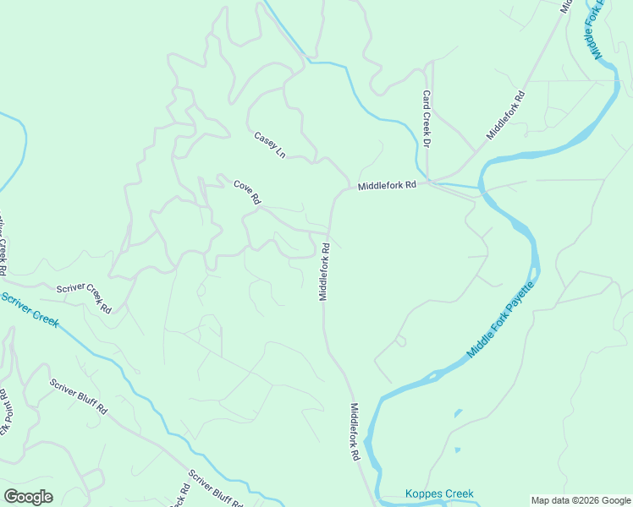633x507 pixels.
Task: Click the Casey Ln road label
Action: coord(270,144)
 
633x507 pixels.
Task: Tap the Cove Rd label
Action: coord(246,193)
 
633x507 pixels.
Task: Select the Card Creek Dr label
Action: coord(427,118)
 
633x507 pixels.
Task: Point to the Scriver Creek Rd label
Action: coord(85,298)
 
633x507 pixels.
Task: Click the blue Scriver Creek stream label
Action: coord(29,309)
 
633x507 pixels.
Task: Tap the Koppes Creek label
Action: coord(439,494)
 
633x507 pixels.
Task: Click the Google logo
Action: coord(28,497)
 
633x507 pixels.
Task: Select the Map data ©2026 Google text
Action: coord(581,500)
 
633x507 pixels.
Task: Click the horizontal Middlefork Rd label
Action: coord(387,185)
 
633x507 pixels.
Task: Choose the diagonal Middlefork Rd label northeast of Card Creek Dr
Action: coord(506,116)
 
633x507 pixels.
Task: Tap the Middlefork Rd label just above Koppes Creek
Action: coord(355,431)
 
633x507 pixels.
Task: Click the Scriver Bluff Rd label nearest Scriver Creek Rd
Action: coord(78,396)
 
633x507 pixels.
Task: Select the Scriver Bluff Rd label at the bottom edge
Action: coord(216,489)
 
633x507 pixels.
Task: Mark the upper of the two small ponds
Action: coord(458,413)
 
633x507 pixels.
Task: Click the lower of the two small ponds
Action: coord(456,450)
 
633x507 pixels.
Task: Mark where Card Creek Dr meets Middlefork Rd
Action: coord(429,180)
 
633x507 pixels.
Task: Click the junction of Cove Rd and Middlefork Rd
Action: coord(328,232)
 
